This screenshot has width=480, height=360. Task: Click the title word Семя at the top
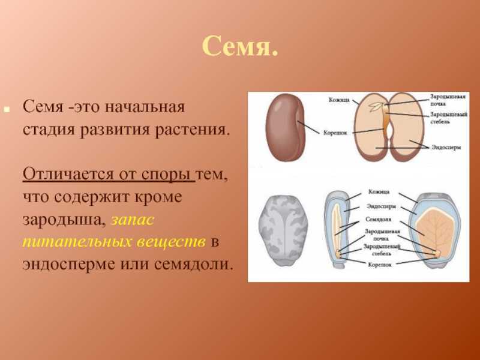(236, 46)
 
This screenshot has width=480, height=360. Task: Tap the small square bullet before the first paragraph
(7, 109)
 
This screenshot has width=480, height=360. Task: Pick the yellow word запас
(133, 220)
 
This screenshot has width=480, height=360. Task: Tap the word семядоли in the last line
(192, 264)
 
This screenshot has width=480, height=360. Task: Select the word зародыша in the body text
(62, 220)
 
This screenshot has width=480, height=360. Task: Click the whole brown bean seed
(284, 127)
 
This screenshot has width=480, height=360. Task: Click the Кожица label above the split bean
(339, 100)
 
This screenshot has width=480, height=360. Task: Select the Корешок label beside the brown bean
(335, 133)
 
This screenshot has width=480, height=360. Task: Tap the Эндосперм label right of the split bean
(446, 147)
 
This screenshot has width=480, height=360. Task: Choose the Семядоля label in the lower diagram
(378, 220)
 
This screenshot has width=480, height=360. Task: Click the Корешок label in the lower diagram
(380, 265)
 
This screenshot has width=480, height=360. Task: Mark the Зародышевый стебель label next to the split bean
(448, 118)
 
